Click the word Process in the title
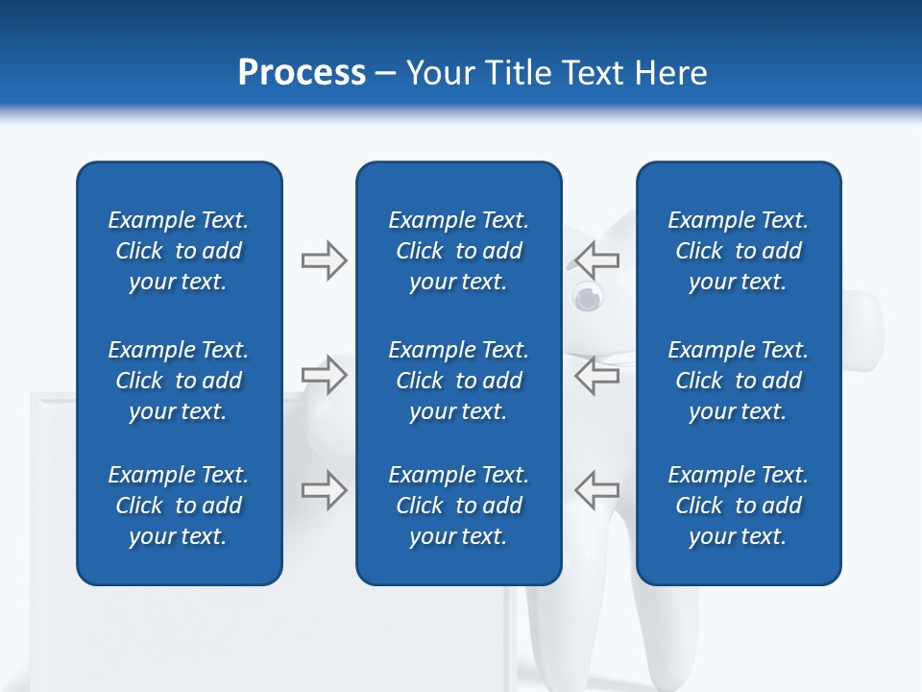tap(302, 72)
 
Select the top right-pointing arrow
tap(324, 259)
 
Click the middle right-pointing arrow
tap(324, 375)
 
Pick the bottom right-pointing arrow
tap(324, 489)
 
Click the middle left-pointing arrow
tap(597, 375)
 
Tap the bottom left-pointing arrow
tap(597, 489)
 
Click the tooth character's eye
tap(584, 298)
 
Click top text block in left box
tap(179, 251)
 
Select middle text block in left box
tap(179, 381)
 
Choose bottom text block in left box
tap(179, 506)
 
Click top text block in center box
tap(459, 251)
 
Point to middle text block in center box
tap(459, 381)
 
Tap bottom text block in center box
tap(459, 506)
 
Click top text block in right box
tap(739, 251)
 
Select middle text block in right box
tap(739, 381)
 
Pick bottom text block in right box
tap(739, 506)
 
